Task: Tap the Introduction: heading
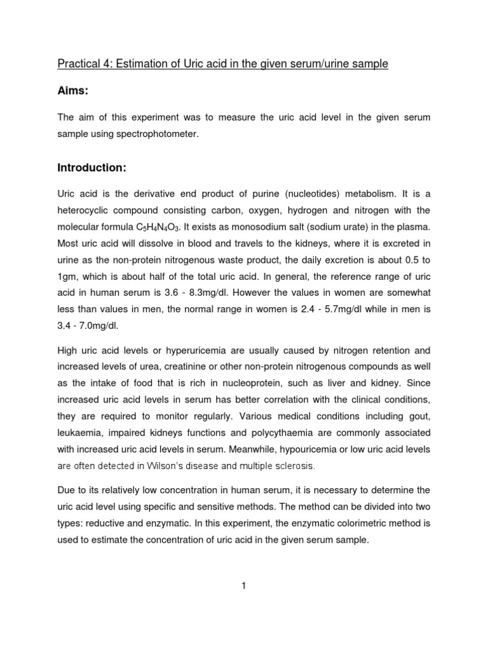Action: click(x=92, y=168)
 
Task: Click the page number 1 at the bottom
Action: click(x=243, y=587)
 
